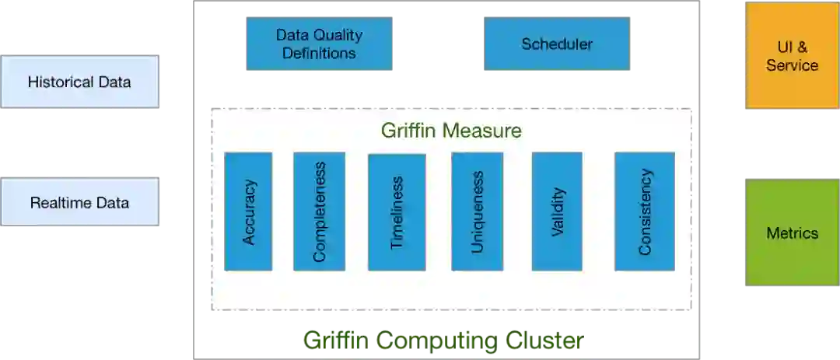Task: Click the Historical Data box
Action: coord(79,82)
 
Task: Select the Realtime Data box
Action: coord(79,203)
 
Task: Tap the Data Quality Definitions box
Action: coord(320,44)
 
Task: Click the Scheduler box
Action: coord(557,44)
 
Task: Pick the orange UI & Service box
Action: coord(792,57)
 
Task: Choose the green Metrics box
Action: coord(792,232)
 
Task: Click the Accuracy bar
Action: coord(248,211)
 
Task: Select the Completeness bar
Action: coord(319,211)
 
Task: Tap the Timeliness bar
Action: coord(397,212)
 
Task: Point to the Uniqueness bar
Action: coord(477,211)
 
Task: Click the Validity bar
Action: coord(557,211)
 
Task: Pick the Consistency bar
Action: coord(645,211)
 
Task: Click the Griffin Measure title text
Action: coord(451,130)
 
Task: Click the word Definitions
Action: coord(320,54)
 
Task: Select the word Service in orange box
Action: coord(792,65)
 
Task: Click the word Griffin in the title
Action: coord(409,130)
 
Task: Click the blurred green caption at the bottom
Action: coord(442,340)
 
